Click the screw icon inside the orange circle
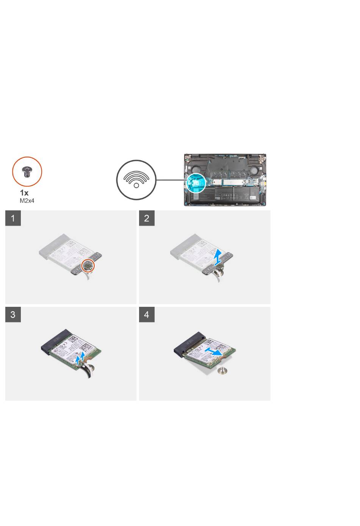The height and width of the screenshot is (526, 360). pos(27,171)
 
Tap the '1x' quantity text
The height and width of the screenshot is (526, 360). pos(24,193)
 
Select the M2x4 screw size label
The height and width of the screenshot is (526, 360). pos(27,201)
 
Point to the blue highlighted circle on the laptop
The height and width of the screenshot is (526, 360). pos(196,183)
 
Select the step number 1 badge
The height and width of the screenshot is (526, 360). pos(13,218)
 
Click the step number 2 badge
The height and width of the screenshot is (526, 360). pos(147,218)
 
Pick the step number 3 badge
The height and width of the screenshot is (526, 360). pos(13,314)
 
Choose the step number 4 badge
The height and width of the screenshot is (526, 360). pos(147,314)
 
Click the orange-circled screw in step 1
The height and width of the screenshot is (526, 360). pos(88,265)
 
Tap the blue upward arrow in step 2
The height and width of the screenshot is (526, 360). pos(218,257)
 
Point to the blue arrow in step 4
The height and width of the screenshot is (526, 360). pos(213,352)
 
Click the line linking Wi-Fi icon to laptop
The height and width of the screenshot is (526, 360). pos(171,180)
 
